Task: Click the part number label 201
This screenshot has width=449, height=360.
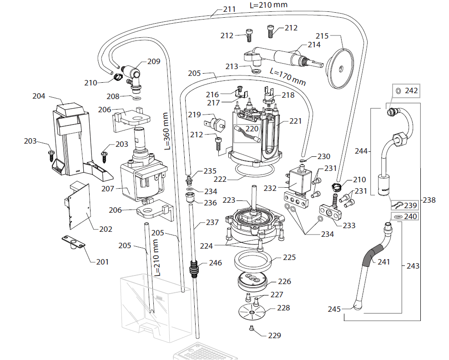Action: click(103, 262)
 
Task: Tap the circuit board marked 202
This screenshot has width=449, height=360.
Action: click(78, 207)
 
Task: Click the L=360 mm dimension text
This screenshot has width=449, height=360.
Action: click(167, 131)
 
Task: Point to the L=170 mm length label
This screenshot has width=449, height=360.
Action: click(288, 76)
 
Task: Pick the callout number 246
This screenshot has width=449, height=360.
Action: click(215, 263)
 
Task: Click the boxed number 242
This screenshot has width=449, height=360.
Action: click(411, 91)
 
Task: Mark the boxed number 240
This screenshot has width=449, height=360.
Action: click(410, 217)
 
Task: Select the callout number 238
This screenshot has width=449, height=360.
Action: click(429, 200)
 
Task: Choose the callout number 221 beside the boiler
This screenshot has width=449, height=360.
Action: click(295, 121)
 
